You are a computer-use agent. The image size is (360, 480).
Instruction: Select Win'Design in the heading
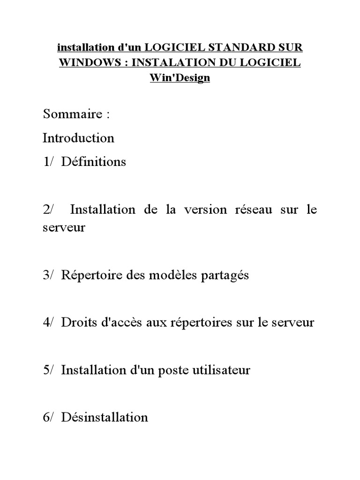click(x=180, y=78)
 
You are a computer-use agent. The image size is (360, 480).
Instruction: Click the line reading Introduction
click(x=78, y=138)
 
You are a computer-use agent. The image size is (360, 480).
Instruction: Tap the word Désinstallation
click(x=105, y=417)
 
